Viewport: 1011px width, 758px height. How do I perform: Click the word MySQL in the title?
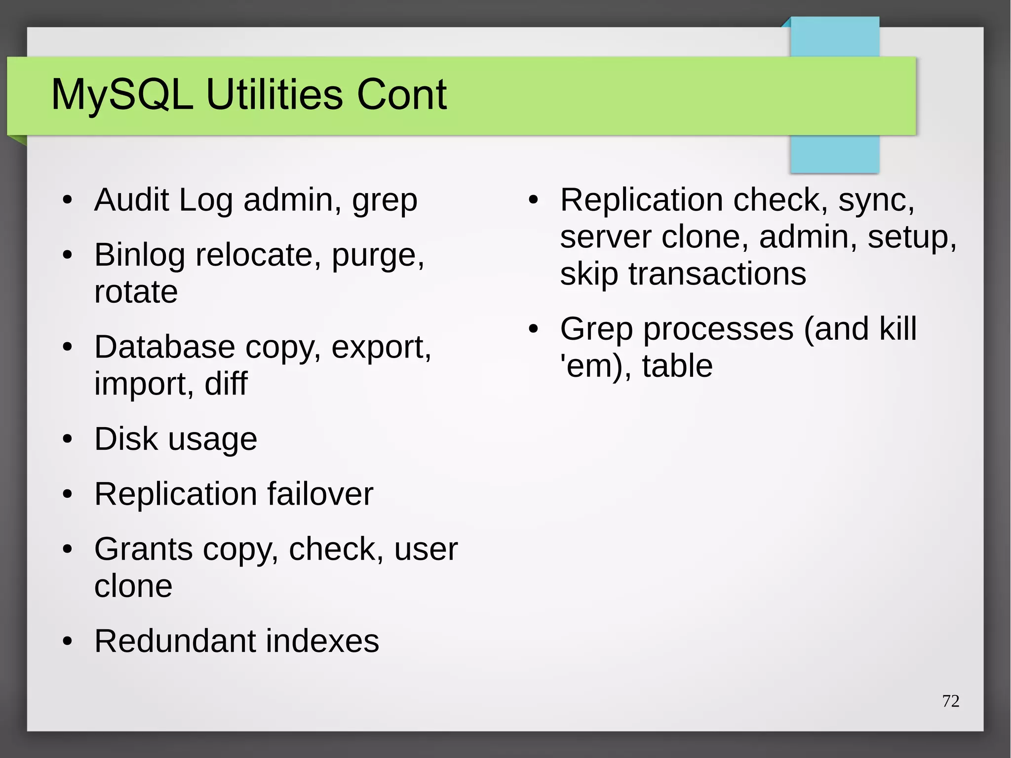122,95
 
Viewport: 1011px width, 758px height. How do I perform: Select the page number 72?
951,701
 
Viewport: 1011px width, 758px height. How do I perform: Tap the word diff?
226,384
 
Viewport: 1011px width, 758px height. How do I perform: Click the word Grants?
143,549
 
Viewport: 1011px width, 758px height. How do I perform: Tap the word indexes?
322,641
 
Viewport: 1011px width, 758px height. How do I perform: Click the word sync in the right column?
876,201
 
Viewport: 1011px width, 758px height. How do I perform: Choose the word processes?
718,329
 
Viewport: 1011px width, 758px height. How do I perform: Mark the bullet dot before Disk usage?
68,439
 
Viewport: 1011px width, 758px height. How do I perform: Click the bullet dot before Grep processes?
533,329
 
